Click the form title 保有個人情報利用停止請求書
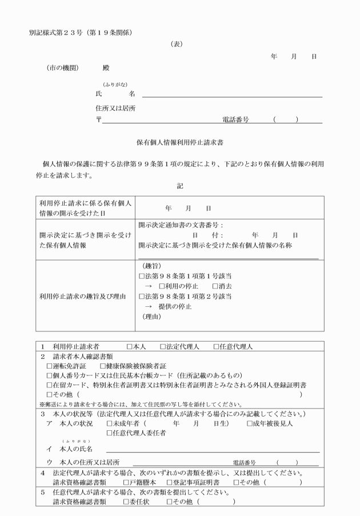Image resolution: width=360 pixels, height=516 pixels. pos(180,140)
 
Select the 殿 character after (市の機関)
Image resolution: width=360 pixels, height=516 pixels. pos(106,67)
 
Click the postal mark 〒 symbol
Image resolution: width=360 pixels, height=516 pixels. pos(98,120)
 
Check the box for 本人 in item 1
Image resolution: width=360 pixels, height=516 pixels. pos(129,347)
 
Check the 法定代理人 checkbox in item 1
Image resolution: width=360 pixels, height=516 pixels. pos(162,347)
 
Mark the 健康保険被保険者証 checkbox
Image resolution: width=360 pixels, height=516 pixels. pos(103,366)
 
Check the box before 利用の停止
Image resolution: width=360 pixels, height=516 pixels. pos(162,286)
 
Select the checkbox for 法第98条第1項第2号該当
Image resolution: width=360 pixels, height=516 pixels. pos(142,296)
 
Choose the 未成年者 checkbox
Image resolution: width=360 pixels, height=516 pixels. pos(110,423)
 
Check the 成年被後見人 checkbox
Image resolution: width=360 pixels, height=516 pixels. pos(250,423)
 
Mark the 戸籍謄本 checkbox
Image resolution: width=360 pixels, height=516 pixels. pos(126,482)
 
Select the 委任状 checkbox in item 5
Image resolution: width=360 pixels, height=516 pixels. pos(126,502)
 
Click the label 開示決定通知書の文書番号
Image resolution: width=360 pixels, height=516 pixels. pos(179,225)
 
